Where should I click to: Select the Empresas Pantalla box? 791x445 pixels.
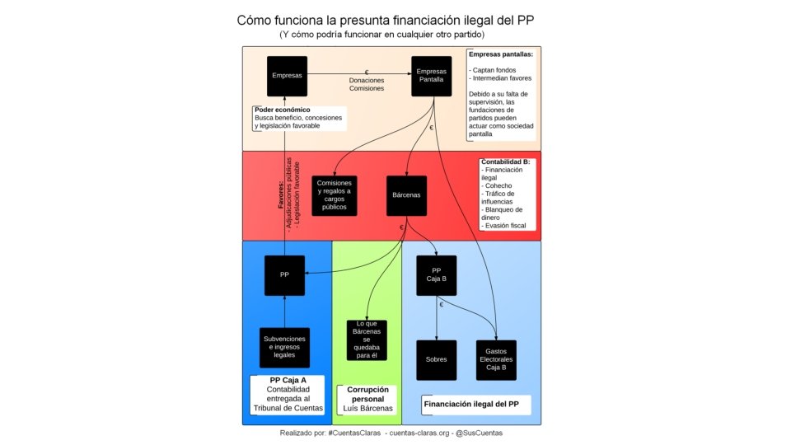tap(432, 76)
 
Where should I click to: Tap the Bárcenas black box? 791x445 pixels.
tap(407, 195)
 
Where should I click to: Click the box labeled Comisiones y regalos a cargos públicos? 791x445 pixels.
tap(335, 195)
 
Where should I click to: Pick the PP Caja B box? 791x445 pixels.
tap(437, 274)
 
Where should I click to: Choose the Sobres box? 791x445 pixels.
tap(437, 360)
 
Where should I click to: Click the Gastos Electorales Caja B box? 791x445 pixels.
tap(496, 360)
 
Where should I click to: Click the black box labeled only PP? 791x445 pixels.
tap(284, 274)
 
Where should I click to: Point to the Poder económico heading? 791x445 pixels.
tap(282, 110)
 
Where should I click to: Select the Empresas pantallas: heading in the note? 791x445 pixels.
tap(500, 54)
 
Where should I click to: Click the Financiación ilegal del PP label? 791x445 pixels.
tap(471, 405)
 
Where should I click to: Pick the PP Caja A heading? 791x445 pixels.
tap(288, 380)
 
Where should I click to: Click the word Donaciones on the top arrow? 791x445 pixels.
tap(366, 80)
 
